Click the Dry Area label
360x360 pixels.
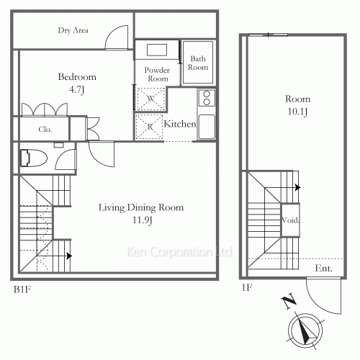(73, 30)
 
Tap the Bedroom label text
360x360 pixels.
(77, 77)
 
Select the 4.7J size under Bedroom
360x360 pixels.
(77, 91)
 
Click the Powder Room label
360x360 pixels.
(158, 73)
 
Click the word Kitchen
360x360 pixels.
(179, 125)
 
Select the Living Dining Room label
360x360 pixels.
(141, 207)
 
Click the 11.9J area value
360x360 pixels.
(141, 221)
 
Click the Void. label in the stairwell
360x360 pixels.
(290, 220)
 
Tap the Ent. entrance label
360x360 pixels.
(323, 269)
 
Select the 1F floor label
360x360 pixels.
(246, 289)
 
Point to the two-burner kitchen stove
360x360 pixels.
(206, 97)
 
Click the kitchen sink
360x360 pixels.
(207, 127)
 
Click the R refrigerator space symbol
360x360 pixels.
(149, 127)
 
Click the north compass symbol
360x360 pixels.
(306, 330)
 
